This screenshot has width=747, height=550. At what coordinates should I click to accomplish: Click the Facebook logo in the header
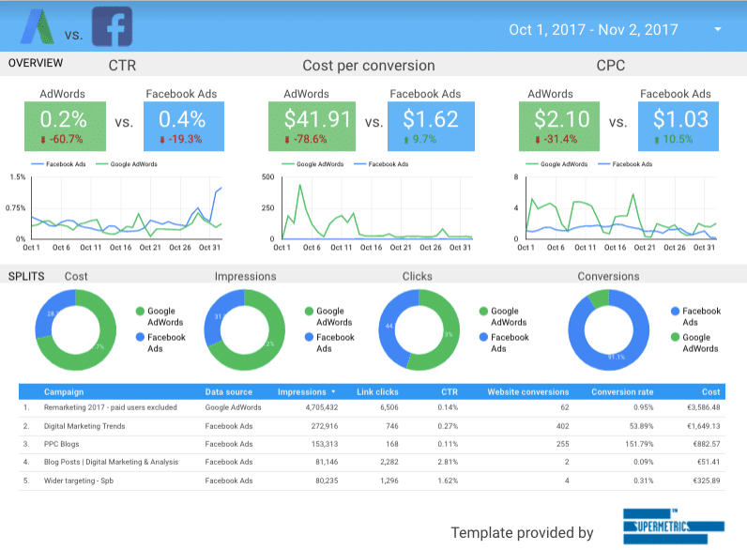(x=112, y=27)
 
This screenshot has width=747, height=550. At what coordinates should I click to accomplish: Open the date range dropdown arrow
(x=718, y=30)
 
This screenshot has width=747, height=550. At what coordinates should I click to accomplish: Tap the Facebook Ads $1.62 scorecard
(x=431, y=126)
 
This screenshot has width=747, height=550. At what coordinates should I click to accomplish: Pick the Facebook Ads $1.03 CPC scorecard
(x=678, y=126)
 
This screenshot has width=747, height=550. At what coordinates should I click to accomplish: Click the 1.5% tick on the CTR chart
(x=17, y=176)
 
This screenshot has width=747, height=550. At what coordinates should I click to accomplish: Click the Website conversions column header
(x=526, y=391)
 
